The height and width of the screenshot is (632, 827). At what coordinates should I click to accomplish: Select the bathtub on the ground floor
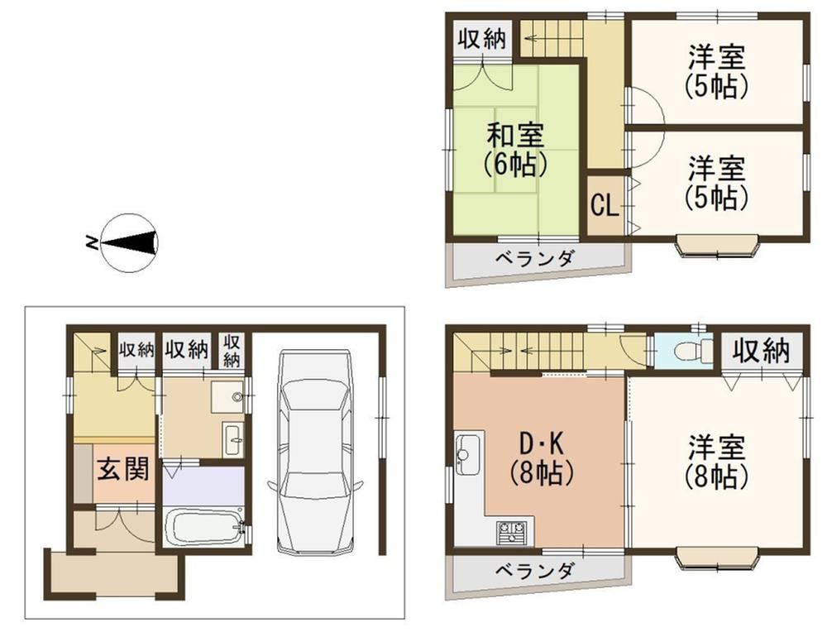203,526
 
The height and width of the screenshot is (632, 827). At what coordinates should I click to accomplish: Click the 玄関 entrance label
123,469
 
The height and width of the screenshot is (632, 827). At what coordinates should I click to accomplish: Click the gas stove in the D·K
511,532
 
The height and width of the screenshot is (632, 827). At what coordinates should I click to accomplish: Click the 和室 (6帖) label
514,150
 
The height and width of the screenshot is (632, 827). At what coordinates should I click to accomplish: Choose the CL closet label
605,206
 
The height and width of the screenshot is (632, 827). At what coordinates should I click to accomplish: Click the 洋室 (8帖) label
716,461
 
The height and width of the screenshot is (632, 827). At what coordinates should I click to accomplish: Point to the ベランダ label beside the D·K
535,571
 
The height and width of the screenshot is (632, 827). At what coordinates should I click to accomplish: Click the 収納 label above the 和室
481,39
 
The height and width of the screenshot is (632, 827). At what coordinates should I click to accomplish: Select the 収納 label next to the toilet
762,351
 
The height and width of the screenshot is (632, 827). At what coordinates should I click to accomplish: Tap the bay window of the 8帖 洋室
718,559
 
